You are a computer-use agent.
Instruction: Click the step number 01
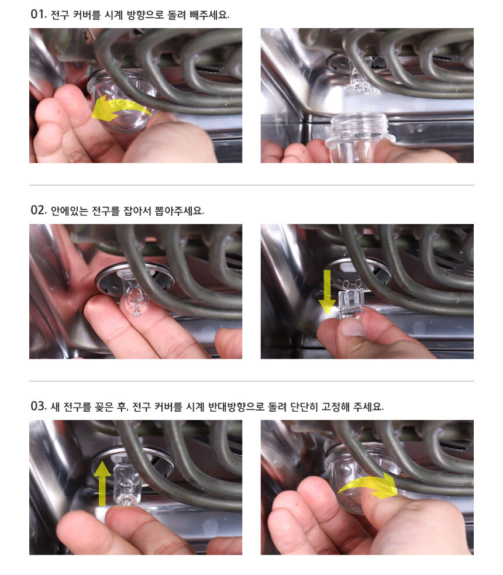click(x=38, y=14)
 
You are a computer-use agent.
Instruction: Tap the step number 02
click(x=39, y=210)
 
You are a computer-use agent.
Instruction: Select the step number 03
click(x=39, y=406)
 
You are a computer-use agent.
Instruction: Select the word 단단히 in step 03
click(x=304, y=407)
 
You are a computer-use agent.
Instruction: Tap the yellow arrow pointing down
click(x=327, y=292)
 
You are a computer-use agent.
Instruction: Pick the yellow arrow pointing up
click(x=102, y=484)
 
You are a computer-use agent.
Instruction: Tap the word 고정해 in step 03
click(x=336, y=407)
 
